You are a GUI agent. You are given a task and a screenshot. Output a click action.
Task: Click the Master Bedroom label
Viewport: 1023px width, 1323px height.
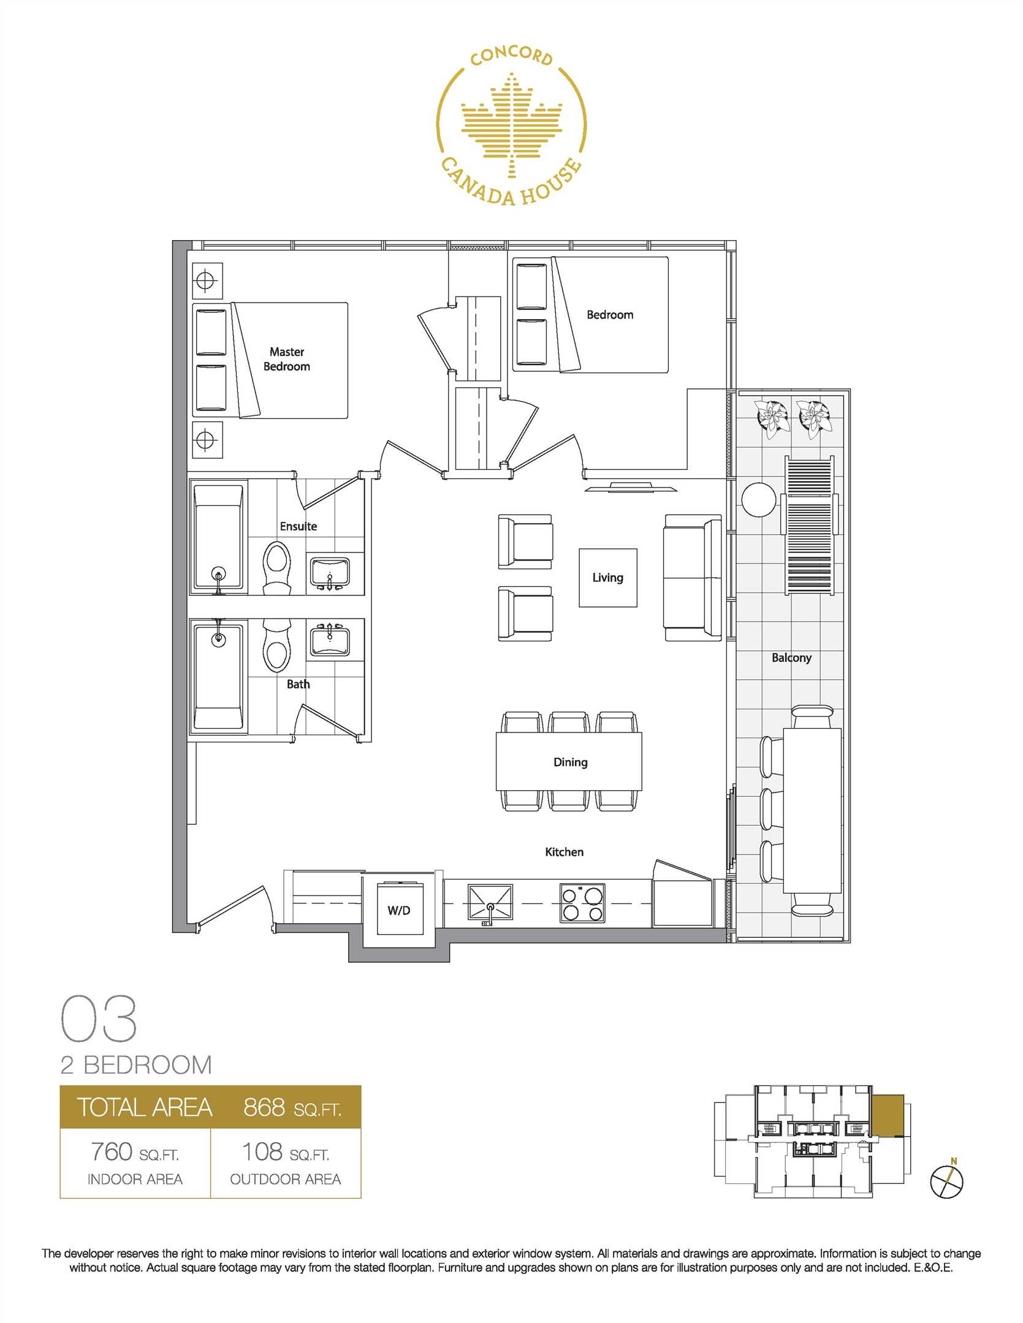coord(287,359)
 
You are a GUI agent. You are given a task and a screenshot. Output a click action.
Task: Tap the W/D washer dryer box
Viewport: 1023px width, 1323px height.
coord(400,910)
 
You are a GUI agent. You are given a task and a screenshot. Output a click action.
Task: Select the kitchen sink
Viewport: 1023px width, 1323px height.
coord(490,903)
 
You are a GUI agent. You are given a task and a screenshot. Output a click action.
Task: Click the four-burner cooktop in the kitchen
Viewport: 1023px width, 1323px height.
coord(582,903)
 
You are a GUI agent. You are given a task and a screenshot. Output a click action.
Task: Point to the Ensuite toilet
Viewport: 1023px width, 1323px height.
coord(277,568)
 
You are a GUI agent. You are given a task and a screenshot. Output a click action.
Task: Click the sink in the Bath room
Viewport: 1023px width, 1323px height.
coord(330,641)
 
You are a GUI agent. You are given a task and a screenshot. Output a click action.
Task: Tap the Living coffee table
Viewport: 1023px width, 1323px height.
coord(608,578)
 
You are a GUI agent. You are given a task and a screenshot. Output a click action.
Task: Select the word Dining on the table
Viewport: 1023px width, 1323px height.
coord(571,762)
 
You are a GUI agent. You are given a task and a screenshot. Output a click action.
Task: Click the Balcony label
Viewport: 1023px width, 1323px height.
coord(791,657)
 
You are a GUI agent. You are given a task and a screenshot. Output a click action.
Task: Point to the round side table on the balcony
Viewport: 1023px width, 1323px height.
coord(759,500)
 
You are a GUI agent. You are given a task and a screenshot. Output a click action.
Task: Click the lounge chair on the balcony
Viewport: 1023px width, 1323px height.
coord(810,525)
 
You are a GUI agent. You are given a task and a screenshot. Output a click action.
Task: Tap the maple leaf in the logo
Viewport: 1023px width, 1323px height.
coord(511,125)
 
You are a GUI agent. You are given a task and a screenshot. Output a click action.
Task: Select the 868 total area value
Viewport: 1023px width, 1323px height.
coord(264,1107)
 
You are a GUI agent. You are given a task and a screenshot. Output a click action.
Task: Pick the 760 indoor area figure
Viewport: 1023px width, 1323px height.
coord(112,1151)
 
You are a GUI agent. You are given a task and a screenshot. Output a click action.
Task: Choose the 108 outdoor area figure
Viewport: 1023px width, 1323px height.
coord(262,1151)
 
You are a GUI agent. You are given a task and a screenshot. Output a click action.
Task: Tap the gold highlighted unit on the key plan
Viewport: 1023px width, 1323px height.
coord(888,1115)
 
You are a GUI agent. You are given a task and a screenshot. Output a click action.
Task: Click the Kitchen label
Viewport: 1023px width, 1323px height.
coord(564,852)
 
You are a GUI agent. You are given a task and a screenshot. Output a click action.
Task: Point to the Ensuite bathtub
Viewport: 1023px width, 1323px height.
coord(219,538)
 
